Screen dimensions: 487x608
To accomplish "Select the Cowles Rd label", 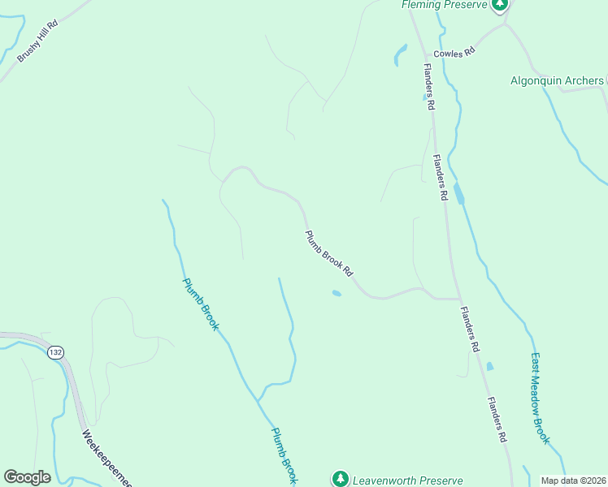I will point(454,53).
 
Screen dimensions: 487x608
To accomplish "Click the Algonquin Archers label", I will point(557,80).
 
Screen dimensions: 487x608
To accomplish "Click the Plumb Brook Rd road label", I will point(329,252).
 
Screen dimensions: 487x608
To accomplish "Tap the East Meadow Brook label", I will point(541,398).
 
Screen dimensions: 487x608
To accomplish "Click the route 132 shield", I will point(55,352).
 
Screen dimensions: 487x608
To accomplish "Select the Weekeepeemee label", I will point(106,457).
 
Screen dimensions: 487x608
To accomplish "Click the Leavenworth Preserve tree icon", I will point(341,479).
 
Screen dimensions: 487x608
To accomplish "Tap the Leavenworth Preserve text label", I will point(407,480).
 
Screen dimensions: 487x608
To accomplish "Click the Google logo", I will point(27,477).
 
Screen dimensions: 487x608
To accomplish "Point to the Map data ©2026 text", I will point(573,480).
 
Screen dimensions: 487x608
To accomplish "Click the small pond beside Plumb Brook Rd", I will point(337,293).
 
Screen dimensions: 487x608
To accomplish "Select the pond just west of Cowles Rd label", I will point(400,54).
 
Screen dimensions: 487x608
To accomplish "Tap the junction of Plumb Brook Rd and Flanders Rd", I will point(459,299).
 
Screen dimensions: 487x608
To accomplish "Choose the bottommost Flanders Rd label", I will point(497,419).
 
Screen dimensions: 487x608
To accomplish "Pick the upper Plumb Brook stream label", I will point(200,304).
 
